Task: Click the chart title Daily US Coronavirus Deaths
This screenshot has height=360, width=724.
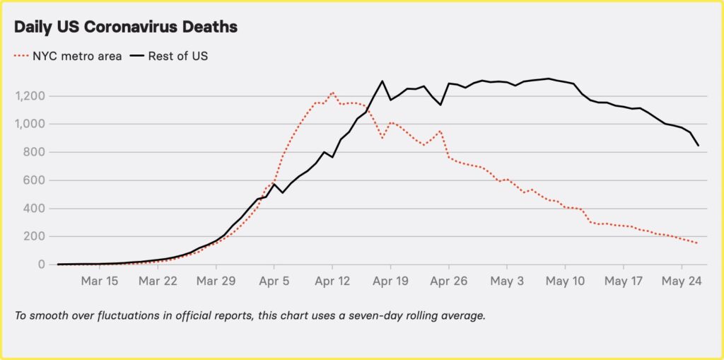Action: (x=126, y=28)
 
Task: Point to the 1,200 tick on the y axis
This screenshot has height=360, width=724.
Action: (x=31, y=96)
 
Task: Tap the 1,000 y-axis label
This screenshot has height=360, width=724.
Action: (x=31, y=124)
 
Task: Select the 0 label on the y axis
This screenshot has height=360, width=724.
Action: (x=42, y=265)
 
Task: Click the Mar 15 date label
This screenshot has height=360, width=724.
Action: (x=99, y=281)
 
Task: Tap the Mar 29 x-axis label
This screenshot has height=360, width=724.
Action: (x=216, y=281)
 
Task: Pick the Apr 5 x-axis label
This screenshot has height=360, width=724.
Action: (x=274, y=281)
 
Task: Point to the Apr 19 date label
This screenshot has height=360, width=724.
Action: (x=390, y=281)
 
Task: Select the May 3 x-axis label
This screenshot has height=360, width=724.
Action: (x=507, y=281)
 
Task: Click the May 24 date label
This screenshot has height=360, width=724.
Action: (x=682, y=281)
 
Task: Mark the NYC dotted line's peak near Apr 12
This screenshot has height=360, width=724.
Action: (x=332, y=92)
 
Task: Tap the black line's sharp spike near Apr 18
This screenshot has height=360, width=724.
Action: (x=383, y=81)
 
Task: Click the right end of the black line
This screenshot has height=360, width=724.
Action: (x=699, y=146)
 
